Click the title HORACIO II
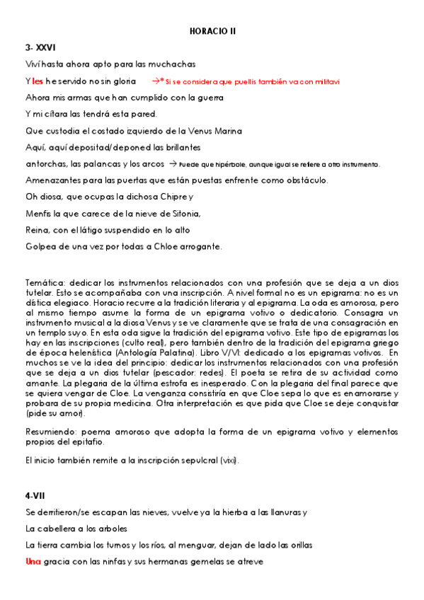212,32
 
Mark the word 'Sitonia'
184,214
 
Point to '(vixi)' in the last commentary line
228,460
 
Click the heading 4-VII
35,495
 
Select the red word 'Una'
33,562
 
